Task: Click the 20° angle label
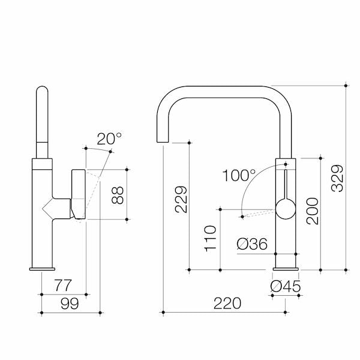pos(109,139)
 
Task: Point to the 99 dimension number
pos(70,304)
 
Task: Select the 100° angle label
pos(238,175)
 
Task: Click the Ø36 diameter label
pos(252,244)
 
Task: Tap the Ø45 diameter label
pos(285,286)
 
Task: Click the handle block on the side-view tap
pos(79,194)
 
